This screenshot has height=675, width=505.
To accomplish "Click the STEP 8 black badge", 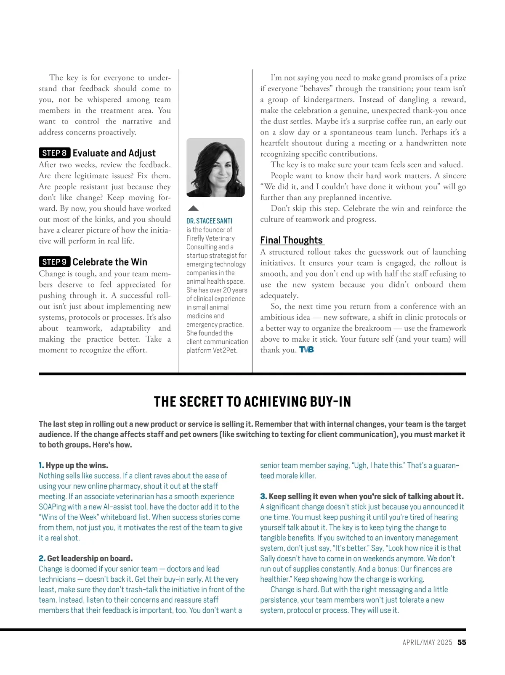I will tap(54, 153).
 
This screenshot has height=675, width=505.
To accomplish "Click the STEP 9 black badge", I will tap(54, 262).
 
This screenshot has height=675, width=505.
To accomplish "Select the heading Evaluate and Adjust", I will tap(114, 153).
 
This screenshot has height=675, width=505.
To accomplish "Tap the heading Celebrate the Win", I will tap(110, 262).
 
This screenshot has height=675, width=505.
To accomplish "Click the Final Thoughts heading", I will tap(292, 240).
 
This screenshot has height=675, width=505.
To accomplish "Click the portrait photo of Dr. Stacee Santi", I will tap(215, 167).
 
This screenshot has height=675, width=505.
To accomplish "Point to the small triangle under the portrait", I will tap(193, 208).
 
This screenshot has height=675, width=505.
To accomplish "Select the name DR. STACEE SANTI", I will tap(209, 221).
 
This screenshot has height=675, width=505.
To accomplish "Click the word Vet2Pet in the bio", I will tap(225, 350).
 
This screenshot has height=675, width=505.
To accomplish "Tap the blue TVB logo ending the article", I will tap(306, 350).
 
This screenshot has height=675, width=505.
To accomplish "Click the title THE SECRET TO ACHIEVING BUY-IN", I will tap(252, 402).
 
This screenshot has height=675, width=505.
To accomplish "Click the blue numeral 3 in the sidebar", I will tap(263, 496).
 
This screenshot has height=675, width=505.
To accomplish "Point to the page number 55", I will tap(462, 642).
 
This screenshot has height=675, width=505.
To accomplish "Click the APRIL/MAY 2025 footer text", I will tap(427, 642).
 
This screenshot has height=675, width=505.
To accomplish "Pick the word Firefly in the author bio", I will tap(196, 238).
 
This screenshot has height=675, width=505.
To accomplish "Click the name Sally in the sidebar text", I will tap(269, 559).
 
